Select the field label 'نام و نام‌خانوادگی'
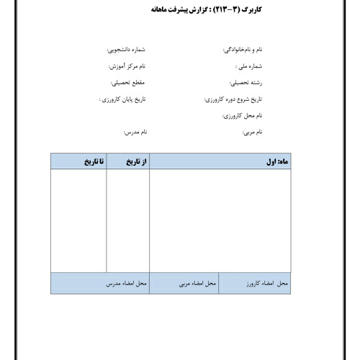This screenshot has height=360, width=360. (x=240, y=50)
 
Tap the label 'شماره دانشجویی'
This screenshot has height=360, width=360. (x=125, y=50)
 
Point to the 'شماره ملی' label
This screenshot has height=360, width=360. (x=249, y=66)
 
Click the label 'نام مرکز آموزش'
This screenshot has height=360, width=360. (x=125, y=66)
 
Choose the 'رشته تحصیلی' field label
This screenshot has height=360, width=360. (x=246, y=83)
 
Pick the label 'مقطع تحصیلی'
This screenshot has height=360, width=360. (x=129, y=83)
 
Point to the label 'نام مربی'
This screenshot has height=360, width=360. (x=252, y=132)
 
